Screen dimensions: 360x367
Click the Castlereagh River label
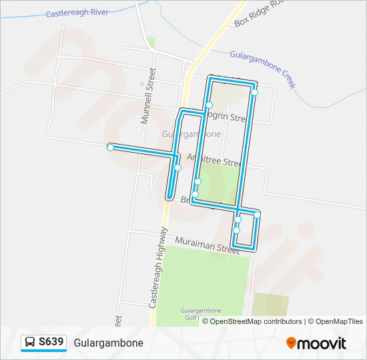click(77, 13)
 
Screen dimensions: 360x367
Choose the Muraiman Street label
click(207, 245)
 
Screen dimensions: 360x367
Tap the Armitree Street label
click(213, 160)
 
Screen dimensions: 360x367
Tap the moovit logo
click(316, 343)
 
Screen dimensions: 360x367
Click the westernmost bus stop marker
click(110, 147)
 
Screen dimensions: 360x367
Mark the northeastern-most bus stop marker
click(254, 93)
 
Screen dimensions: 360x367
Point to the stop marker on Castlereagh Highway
click(177, 167)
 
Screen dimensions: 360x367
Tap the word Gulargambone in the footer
click(109, 343)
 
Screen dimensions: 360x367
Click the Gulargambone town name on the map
click(192, 133)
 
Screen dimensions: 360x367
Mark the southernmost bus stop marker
click(236, 231)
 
